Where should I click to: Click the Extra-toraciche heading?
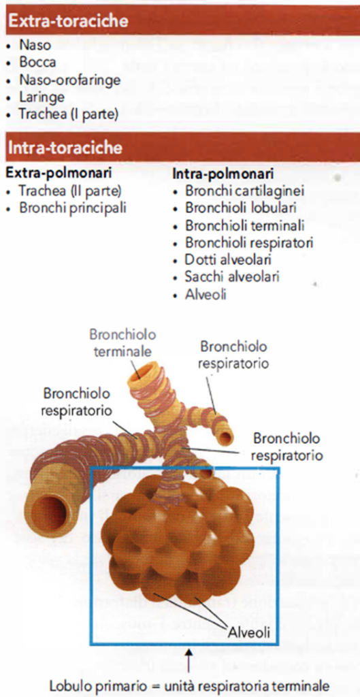click(68, 21)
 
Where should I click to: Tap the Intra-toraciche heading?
click(65, 147)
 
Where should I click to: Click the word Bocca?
click(38, 62)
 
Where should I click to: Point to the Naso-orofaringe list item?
click(70, 80)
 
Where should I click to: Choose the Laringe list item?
click(42, 97)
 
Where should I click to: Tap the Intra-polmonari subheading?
click(223, 174)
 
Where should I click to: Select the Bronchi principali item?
click(72, 208)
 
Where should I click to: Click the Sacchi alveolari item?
click(232, 277)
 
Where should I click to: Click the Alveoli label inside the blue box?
click(249, 631)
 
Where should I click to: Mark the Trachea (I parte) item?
click(69, 114)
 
